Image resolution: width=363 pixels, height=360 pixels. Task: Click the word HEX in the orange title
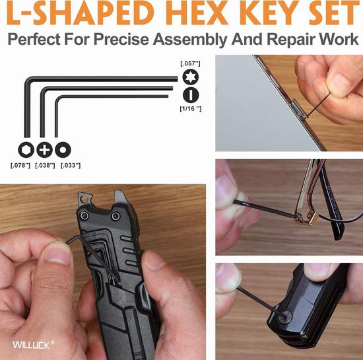pyautogui.click(x=196, y=13)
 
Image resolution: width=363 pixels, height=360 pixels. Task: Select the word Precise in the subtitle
pyautogui.click(x=121, y=39)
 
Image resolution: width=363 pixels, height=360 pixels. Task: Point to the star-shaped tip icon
pyautogui.click(x=191, y=77)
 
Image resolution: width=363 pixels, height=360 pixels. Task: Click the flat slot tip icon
pyautogui.click(x=191, y=95)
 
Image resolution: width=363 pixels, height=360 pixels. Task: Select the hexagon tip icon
pyautogui.click(x=26, y=150)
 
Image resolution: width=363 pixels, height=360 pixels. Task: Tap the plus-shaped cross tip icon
pyautogui.click(x=44, y=150)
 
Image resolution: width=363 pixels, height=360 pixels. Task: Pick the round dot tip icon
pyautogui.click(x=63, y=150)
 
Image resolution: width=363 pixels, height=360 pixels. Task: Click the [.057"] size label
pyautogui.click(x=190, y=63)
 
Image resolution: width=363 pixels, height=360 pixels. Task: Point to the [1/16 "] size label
pyautogui.click(x=191, y=108)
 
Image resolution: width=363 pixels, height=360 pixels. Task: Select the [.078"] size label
pyautogui.click(x=20, y=165)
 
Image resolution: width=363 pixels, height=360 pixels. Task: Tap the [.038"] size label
pyautogui.click(x=45, y=165)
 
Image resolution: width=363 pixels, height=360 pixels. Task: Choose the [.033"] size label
pyautogui.click(x=71, y=165)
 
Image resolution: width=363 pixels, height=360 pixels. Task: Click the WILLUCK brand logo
pyautogui.click(x=34, y=345)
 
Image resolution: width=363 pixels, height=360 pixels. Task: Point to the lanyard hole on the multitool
pyautogui.click(x=84, y=199)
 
